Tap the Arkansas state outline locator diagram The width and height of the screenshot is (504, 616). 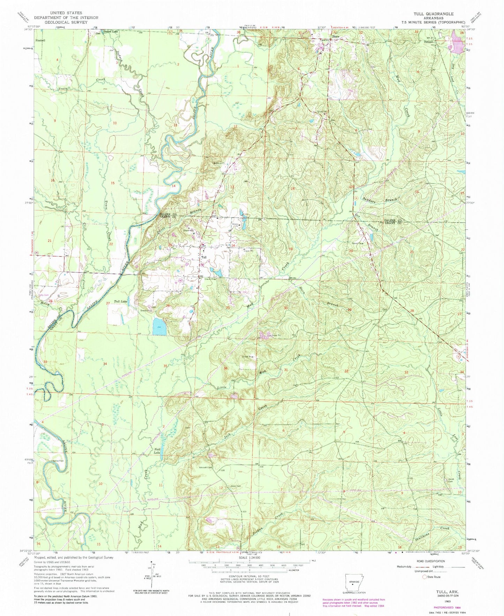[353, 581]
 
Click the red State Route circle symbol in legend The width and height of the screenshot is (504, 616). [424, 577]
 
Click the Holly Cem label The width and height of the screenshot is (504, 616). [44, 295]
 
